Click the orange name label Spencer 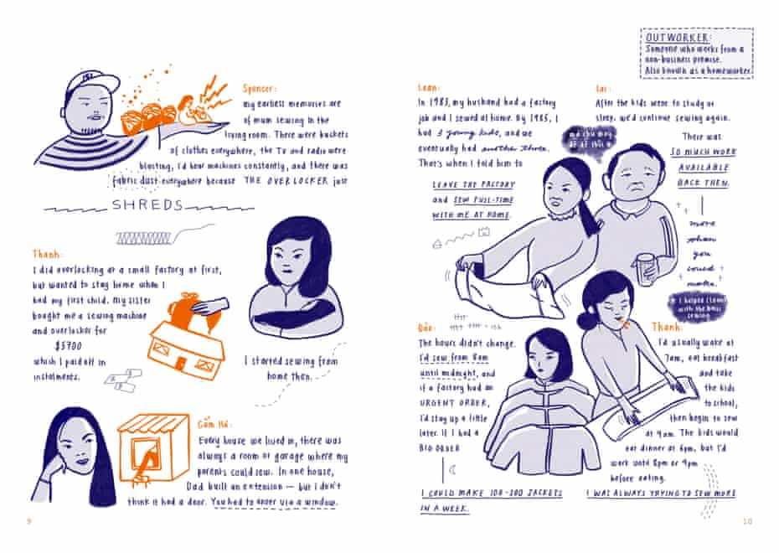click(261, 88)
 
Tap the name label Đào click(426, 327)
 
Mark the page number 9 click(28, 522)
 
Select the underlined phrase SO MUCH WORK click(703, 152)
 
